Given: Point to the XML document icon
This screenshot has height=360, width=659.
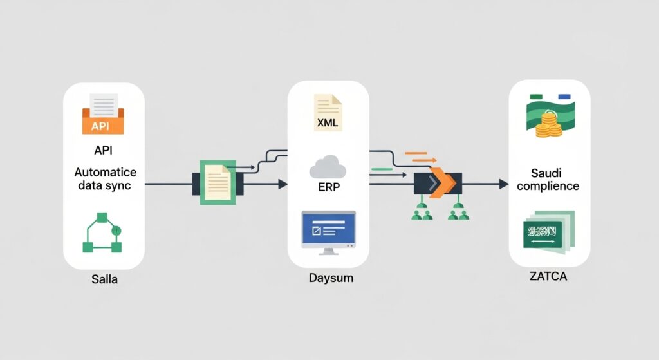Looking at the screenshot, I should (x=328, y=113).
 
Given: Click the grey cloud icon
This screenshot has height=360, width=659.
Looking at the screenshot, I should (x=328, y=167).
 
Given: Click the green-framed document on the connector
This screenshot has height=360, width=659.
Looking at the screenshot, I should (x=215, y=184).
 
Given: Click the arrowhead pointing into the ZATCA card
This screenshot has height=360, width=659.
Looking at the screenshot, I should (x=503, y=184).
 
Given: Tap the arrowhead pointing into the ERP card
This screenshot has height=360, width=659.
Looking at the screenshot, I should (x=281, y=184).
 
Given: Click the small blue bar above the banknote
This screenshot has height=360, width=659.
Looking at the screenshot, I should (x=566, y=97).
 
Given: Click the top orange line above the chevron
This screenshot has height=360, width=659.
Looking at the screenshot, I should (x=416, y=153).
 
